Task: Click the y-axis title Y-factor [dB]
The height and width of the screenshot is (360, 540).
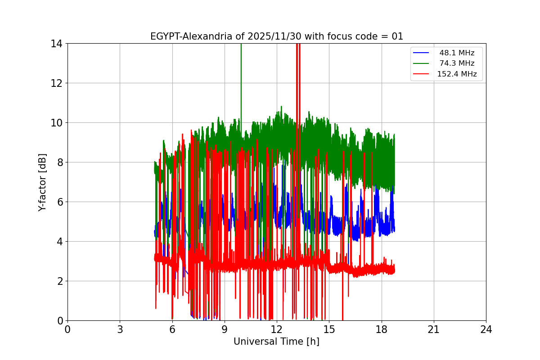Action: [42, 182]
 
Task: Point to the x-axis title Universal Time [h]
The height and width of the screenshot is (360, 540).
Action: [276, 342]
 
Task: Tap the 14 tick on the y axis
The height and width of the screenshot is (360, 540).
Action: [57, 44]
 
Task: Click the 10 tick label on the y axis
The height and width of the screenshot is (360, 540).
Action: [57, 123]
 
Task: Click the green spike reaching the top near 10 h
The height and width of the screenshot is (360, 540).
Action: [241, 67]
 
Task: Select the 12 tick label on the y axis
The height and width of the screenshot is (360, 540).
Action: [57, 83]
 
